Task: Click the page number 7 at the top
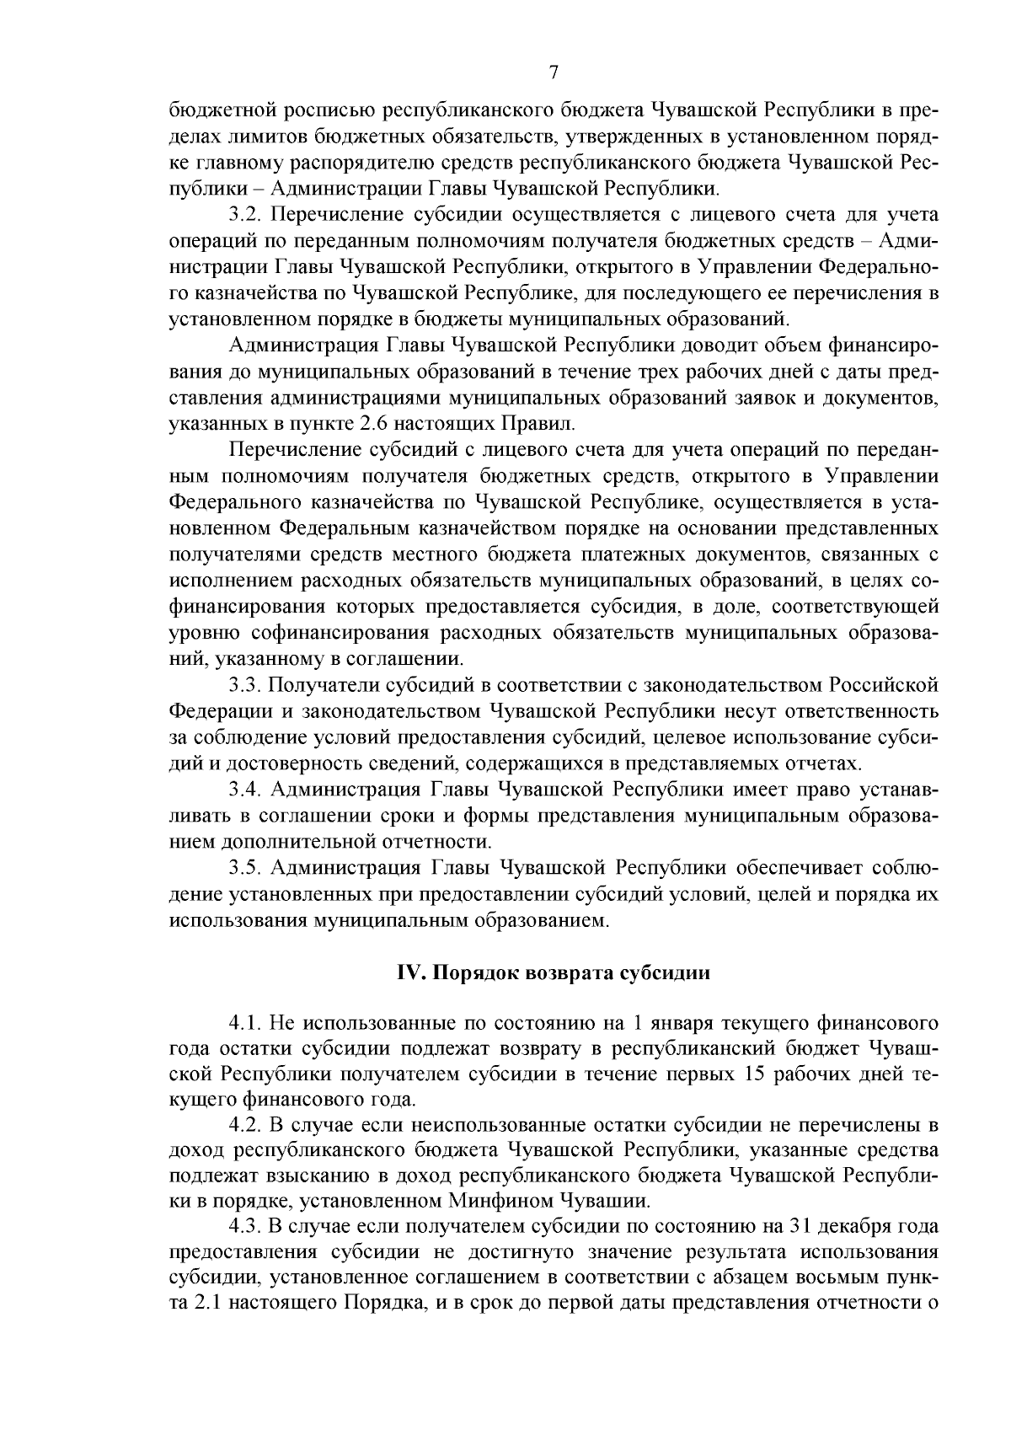554,72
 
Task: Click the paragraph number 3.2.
243,215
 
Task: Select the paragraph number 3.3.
243,685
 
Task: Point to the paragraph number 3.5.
243,868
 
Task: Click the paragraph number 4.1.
243,1025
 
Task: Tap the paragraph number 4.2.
243,1126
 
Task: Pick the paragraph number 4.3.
243,1225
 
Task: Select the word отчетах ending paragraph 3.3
828,764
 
